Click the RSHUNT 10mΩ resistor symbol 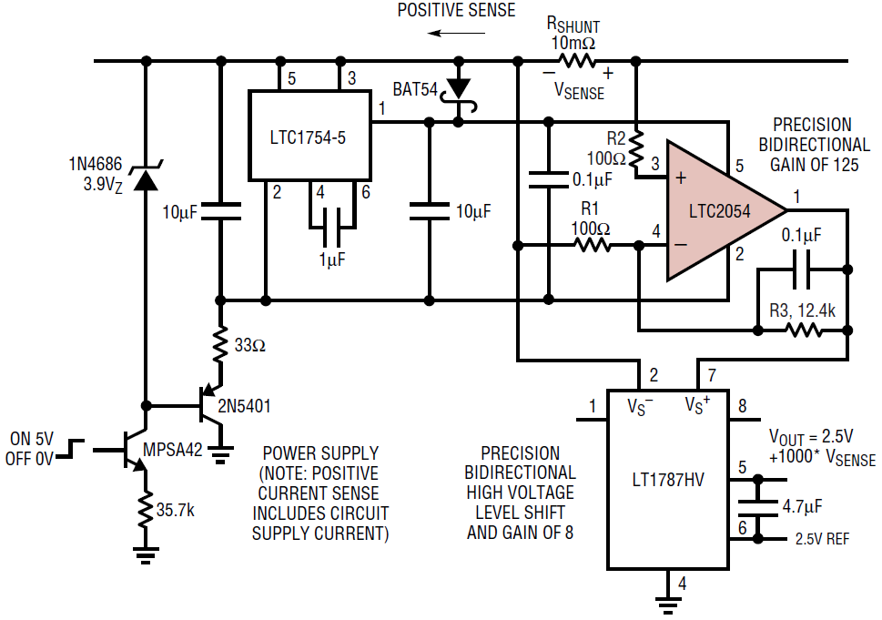[577, 62]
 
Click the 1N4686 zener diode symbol [144, 177]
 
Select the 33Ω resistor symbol [219, 345]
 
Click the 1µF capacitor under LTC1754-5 [332, 221]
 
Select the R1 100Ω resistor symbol [591, 244]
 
